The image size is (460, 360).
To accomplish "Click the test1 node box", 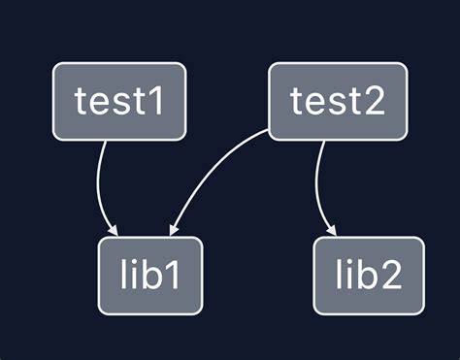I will [x=118, y=101].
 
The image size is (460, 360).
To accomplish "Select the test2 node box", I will [x=337, y=101].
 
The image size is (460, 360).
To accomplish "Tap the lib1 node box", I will [x=150, y=276].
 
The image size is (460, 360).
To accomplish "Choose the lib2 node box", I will [x=369, y=276].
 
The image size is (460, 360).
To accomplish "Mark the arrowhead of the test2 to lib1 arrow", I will [x=173, y=230].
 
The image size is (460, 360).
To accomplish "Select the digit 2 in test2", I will [x=369, y=101].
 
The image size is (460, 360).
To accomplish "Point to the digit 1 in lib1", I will [x=176, y=276].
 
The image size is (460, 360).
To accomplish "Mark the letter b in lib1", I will [x=151, y=276].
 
